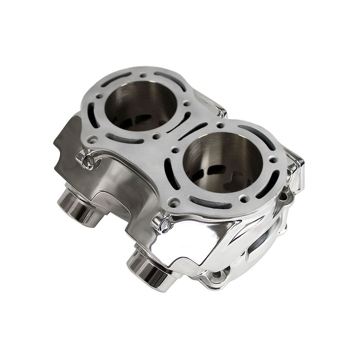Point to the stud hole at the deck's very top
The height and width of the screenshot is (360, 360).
tap(143, 76)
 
